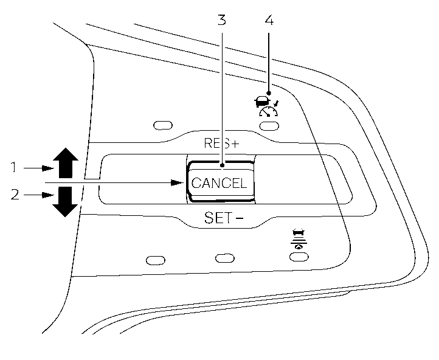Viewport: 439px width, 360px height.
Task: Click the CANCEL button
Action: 219,182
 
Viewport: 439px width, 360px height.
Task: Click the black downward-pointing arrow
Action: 65,201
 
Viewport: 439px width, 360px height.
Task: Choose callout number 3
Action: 222,20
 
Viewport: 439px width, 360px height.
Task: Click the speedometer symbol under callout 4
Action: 268,111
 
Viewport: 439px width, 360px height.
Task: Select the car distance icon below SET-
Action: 298,239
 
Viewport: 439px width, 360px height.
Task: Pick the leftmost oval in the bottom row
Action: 156,260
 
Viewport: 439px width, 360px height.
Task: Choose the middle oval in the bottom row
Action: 225,258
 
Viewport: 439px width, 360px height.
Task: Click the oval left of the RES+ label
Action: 162,126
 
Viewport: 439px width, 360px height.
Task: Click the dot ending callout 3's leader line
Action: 222,164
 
